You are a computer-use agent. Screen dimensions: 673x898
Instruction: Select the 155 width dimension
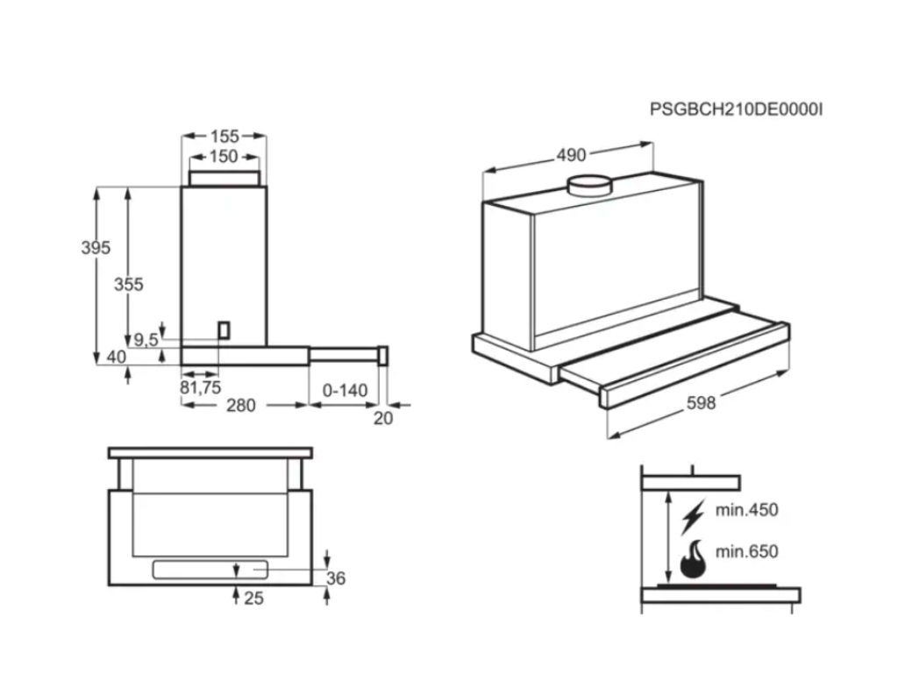[x=224, y=136]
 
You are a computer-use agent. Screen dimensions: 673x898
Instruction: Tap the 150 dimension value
[x=224, y=157]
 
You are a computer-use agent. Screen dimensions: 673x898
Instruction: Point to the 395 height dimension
[x=96, y=248]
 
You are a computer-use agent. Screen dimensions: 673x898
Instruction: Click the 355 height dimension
[x=128, y=284]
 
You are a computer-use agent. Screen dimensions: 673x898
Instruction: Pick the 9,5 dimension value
[x=146, y=339]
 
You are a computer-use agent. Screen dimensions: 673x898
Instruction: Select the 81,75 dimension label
[x=201, y=386]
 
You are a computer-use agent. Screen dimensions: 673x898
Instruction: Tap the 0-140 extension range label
[x=345, y=390]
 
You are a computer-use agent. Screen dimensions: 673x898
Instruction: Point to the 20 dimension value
[x=383, y=418]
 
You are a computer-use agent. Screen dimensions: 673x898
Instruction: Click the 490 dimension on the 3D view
[x=571, y=155]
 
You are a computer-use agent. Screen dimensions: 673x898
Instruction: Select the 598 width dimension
[x=701, y=403]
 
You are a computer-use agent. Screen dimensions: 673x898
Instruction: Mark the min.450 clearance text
[x=746, y=510]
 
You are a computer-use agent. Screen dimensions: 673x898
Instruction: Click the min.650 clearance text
[x=746, y=552]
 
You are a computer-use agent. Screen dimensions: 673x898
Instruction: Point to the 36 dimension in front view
[x=336, y=578]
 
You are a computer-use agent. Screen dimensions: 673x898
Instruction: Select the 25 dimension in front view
[x=253, y=599]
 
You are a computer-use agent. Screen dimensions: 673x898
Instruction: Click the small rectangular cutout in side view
[x=225, y=329]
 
